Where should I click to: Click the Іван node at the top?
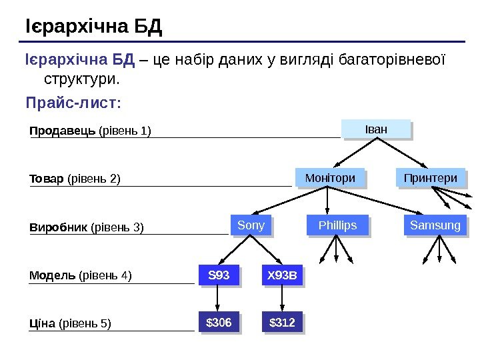point(376,128)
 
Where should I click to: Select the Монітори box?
point(329,178)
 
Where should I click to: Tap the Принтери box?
point(431,178)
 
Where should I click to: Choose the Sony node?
point(251,225)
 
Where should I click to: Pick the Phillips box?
point(337,225)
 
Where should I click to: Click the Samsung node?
point(435,225)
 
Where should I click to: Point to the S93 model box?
point(219,275)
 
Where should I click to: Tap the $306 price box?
point(219,323)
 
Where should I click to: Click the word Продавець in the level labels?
point(63,131)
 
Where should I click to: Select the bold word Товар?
point(47,179)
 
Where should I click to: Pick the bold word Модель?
point(53,275)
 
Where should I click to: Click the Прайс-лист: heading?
point(73,104)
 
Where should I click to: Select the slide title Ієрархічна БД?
point(93,28)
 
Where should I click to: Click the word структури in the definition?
point(81,80)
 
